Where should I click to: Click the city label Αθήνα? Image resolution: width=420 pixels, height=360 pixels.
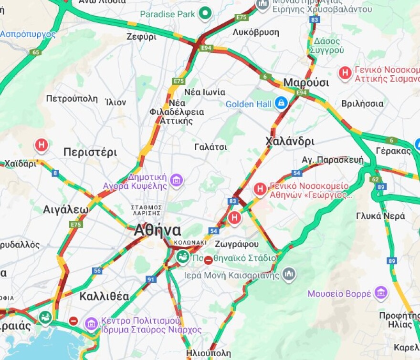pos(157,230)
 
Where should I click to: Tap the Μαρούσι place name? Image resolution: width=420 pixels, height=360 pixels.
pos(306,82)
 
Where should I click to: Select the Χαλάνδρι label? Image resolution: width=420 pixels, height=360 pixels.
pos(290,141)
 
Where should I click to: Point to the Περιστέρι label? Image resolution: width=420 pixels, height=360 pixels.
pos(90,152)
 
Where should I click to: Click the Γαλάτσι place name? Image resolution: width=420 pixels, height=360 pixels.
pos(210,147)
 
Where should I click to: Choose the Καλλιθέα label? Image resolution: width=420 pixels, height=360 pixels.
pos(104,296)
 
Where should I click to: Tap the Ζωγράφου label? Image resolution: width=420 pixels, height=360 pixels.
pos(237,244)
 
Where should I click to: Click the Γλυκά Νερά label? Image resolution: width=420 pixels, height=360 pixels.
pos(380,216)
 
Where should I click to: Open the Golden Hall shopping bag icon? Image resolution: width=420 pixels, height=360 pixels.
pos(281,103)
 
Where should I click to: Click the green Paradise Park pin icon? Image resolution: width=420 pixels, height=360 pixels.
pos(205,14)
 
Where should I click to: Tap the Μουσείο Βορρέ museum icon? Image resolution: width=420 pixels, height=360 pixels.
pos(381,293)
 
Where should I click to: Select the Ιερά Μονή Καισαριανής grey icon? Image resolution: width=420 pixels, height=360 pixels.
pos(289,274)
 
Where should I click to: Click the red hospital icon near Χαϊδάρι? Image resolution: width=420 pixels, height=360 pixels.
pos(42,145)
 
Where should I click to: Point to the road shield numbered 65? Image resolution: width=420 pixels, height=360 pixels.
pos(35,52)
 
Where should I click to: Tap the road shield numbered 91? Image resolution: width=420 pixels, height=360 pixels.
pos(151,279)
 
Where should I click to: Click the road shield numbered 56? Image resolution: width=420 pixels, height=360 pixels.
pos(97,271)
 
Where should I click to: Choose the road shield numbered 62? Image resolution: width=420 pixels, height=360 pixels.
pos(375,179)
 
